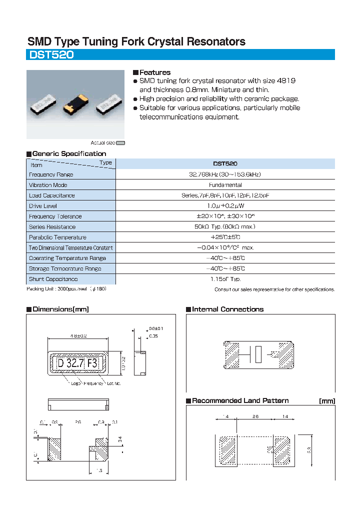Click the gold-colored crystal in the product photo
[x=75, y=104]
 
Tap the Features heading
[x=154, y=72]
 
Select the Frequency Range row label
[x=51, y=174]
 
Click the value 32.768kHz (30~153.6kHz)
[x=225, y=174]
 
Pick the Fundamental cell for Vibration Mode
[x=225, y=185]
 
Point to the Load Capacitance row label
[x=52, y=195]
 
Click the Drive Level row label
[x=43, y=206]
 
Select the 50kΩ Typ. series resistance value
[x=225, y=227]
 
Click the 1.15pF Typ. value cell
[x=225, y=279]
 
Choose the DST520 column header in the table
[x=225, y=163]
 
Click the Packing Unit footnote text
[x=66, y=289]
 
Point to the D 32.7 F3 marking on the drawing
[x=78, y=363]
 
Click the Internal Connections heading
[x=227, y=309]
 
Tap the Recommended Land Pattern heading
[x=240, y=400]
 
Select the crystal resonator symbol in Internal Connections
[x=258, y=354]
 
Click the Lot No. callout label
[x=113, y=383]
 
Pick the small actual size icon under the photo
[x=120, y=142]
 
